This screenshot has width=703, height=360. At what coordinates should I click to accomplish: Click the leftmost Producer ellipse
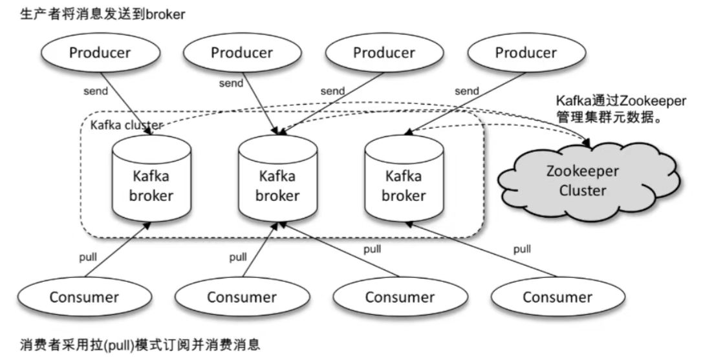pos(100,52)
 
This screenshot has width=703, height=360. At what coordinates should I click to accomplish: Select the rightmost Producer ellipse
pos(526,52)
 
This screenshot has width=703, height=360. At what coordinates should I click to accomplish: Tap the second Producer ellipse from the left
pos(242,52)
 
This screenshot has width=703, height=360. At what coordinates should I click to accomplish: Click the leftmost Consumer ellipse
pos(84,297)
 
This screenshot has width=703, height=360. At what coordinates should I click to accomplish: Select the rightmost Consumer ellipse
pos(557,297)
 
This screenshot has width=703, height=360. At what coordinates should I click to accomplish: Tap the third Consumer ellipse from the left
pos(400,297)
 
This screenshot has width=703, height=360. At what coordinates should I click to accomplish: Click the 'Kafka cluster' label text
pos(126,125)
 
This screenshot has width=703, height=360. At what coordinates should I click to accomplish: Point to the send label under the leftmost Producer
pos(96,91)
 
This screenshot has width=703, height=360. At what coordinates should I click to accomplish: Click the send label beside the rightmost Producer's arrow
pos(467,91)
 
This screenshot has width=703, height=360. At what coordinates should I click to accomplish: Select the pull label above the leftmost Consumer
pos(88,258)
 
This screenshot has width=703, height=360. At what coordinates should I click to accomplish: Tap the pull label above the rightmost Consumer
pos(523,249)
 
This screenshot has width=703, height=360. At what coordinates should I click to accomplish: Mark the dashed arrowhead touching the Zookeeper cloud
pos(587,143)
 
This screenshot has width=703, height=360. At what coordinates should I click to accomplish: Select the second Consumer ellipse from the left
pos(242,297)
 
